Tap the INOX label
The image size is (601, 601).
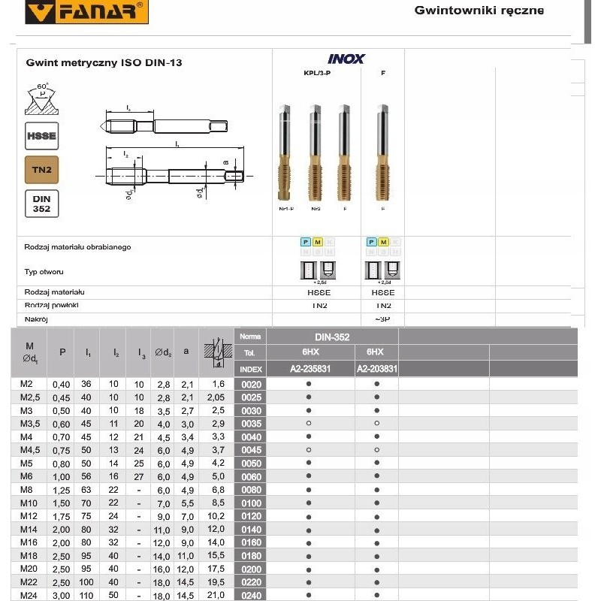[x=346, y=59]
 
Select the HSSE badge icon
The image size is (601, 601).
[x=42, y=135]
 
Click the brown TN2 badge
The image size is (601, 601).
[x=42, y=171]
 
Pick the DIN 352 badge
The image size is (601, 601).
[x=42, y=204]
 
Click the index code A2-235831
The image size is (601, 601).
[x=310, y=369]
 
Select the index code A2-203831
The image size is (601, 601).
[x=376, y=369]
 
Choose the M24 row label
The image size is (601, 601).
[x=27, y=596]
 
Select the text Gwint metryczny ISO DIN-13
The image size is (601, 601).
[x=104, y=63]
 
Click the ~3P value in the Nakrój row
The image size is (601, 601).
[x=383, y=319]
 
